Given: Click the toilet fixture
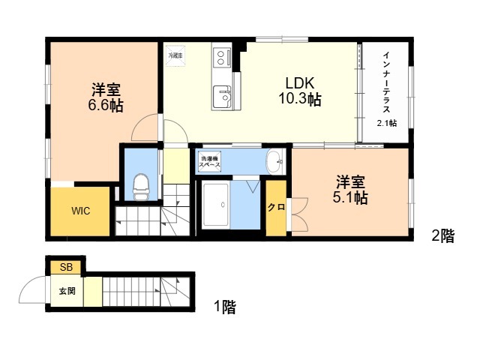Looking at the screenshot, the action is tap(141, 187).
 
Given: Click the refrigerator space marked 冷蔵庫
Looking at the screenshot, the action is tap(175, 55).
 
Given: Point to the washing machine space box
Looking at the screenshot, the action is tap(210, 162).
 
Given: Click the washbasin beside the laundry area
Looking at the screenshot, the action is tap(275, 161).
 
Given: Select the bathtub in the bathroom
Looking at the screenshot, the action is tap(216, 205).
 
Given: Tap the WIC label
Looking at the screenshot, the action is tap(81, 211).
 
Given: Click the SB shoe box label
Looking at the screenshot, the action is tap(67, 267).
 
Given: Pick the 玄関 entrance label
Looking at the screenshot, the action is tap(67, 291).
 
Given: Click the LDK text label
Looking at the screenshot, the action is tap(300, 83).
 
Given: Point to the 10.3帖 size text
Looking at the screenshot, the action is tap(300, 99).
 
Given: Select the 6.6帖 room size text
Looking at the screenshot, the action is tap(106, 105).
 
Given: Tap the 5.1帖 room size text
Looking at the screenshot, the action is tap(350, 198).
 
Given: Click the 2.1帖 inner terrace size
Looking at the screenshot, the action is tap(387, 123).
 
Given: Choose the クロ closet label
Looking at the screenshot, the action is tap(277, 207).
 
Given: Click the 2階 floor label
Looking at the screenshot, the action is tap(443, 236).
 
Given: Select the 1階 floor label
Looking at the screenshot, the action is tap(225, 307).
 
